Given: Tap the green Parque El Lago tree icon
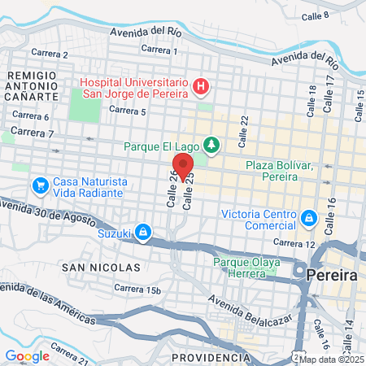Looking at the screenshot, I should pyautogui.click(x=211, y=145).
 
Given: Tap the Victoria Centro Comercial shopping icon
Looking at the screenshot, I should pyautogui.click(x=308, y=217).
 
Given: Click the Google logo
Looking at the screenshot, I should pyautogui.click(x=27, y=355).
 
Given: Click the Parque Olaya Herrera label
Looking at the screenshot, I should pyautogui.click(x=246, y=268).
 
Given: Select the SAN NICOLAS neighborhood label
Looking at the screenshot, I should pyautogui.click(x=100, y=267).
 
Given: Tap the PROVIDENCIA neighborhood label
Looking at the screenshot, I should pyautogui.click(x=210, y=358).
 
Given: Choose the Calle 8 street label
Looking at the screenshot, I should pyautogui.click(x=315, y=15).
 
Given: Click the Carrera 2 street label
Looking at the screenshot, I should pyautogui.click(x=48, y=54).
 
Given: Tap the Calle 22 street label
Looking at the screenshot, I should pyautogui.click(x=243, y=126).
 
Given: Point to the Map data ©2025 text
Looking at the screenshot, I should pyautogui.click(x=330, y=359).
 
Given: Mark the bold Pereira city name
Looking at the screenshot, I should pyautogui.click(x=332, y=276).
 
